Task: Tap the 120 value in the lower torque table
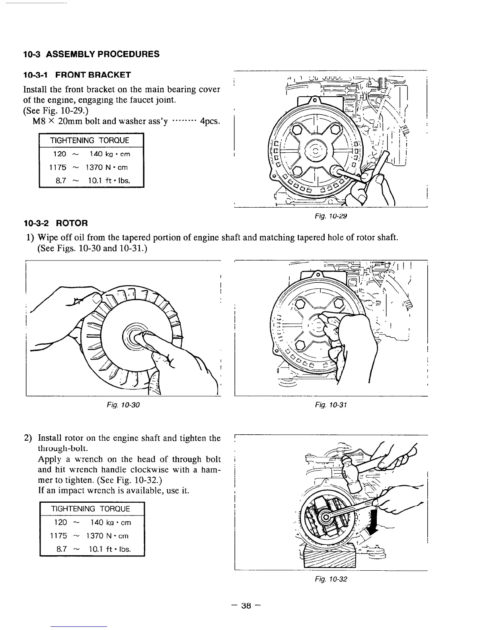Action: (60, 522)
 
